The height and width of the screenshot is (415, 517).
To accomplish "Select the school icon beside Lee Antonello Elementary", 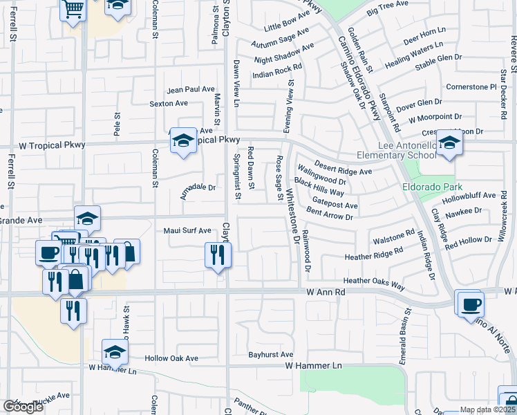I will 449,144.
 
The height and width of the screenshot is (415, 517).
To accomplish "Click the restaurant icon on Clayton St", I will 218,255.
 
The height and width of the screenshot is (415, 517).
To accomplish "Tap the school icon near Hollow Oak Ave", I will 115,353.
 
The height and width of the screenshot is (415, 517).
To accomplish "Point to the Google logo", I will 23,407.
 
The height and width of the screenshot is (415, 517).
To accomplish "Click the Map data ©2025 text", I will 487,409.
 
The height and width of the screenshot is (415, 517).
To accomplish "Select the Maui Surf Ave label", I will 187,230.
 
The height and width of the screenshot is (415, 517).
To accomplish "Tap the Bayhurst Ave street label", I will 271,354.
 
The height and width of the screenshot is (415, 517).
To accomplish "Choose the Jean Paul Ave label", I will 191,89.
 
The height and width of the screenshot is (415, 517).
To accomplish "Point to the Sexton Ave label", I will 169,103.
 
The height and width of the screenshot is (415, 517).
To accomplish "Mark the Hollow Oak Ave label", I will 171,358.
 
